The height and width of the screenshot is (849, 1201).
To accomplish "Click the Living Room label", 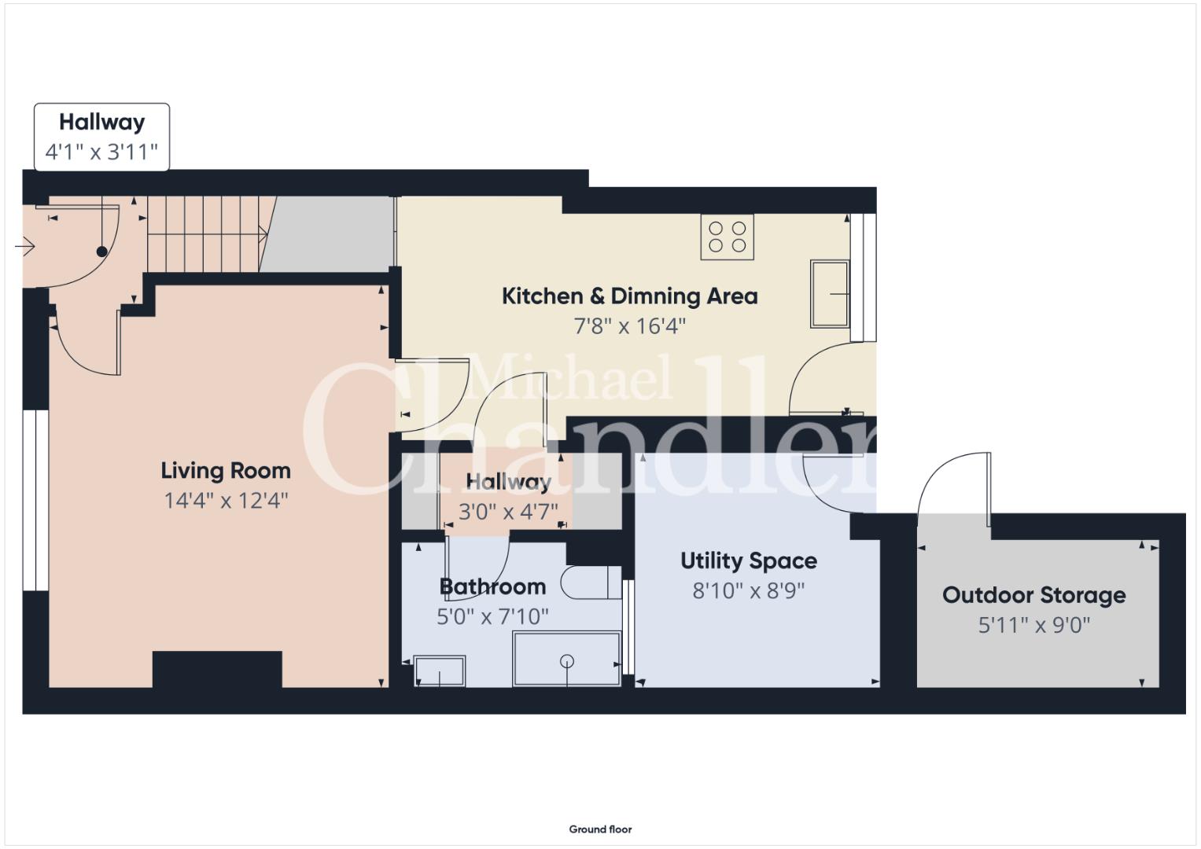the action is click(226, 471).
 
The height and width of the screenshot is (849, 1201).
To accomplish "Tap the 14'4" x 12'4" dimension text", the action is click(226, 501).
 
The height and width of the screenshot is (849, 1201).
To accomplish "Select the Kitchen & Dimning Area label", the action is click(629, 296).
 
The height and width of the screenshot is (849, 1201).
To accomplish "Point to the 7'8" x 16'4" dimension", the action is click(629, 326).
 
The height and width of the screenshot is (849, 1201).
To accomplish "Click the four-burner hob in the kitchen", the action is click(727, 237).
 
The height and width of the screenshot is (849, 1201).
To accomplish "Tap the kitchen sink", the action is click(830, 294).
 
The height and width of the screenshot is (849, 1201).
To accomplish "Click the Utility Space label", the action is click(749, 560).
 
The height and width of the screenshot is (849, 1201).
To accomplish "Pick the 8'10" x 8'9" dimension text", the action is click(749, 590).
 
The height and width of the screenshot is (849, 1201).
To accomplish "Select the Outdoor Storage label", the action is click(1033, 595).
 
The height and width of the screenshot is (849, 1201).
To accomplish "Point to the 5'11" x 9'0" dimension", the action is click(1033, 625).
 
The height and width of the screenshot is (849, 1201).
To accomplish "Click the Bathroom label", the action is click(492, 586).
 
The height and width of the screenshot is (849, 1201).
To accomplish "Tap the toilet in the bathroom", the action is click(591, 583).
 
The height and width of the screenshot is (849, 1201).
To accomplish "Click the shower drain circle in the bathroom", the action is click(567, 661).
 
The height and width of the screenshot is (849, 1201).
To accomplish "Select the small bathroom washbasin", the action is click(440, 671).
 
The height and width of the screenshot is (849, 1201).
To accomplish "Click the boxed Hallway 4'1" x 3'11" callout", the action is click(102, 138).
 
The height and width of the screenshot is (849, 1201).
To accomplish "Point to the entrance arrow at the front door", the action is click(24, 247).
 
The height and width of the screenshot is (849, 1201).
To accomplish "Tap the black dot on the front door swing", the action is click(102, 252).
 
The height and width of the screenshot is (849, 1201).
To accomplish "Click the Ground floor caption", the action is click(601, 829).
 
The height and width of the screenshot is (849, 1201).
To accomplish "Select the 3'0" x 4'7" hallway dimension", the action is click(508, 511).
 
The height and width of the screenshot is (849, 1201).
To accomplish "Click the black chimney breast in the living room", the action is click(217, 670).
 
